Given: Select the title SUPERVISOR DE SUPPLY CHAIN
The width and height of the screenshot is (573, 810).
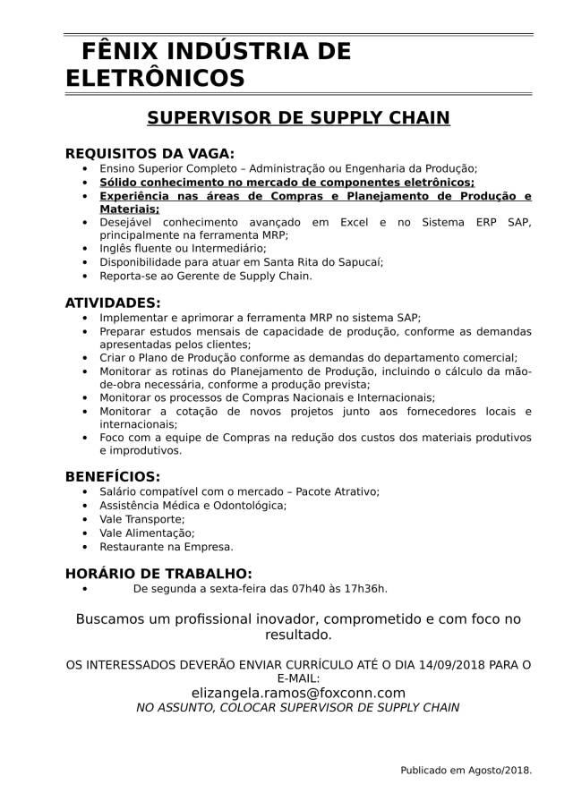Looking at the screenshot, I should tap(298, 118).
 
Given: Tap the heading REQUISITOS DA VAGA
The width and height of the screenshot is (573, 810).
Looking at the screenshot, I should tap(150, 154).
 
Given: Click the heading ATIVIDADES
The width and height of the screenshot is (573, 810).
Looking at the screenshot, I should tap(113, 303).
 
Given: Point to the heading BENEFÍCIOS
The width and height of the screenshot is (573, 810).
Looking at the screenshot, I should tap(113, 477).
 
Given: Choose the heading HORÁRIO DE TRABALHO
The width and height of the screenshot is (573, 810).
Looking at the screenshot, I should tap(158, 573).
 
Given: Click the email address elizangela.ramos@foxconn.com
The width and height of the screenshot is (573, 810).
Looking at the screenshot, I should tap(298, 693).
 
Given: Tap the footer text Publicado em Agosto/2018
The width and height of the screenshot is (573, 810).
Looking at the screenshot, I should tap(466, 769).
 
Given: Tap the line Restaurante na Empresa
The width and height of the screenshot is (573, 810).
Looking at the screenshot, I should tap(167, 546).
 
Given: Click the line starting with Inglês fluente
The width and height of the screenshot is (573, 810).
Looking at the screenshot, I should tap(170, 248).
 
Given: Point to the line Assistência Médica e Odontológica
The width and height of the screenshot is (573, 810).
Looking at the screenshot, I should tap(193, 506).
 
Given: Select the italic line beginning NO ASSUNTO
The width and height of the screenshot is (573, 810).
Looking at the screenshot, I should tap(298, 707).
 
